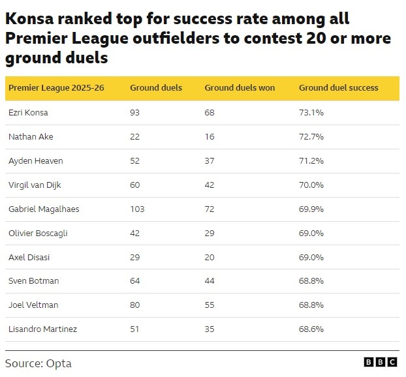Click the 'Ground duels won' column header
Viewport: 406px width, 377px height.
[x=240, y=87]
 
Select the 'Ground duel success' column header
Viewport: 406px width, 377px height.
[x=338, y=87]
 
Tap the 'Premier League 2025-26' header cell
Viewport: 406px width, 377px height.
[x=56, y=87]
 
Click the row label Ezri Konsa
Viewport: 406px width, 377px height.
[x=28, y=113]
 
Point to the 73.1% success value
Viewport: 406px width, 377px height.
[x=311, y=113]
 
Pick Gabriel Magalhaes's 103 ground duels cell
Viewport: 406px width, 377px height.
[x=137, y=209]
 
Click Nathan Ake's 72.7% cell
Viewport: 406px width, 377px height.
[x=311, y=136]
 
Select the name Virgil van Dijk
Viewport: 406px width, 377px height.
[x=35, y=185]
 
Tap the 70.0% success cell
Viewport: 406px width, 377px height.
[x=311, y=185]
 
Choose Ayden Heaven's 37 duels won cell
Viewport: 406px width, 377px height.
[x=210, y=160]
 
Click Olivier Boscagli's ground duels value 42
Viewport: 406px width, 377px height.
[x=134, y=233]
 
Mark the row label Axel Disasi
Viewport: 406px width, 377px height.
[x=29, y=257]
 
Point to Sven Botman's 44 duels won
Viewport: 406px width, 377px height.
[x=210, y=280]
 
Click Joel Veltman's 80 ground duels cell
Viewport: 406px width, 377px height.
[x=134, y=305]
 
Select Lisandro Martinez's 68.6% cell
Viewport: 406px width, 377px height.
[x=311, y=329]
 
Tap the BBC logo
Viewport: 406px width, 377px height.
[x=381, y=362]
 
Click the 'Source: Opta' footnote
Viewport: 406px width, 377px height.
[x=39, y=363]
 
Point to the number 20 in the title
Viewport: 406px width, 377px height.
[x=316, y=38]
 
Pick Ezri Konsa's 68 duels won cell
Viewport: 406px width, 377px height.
[x=210, y=113]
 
